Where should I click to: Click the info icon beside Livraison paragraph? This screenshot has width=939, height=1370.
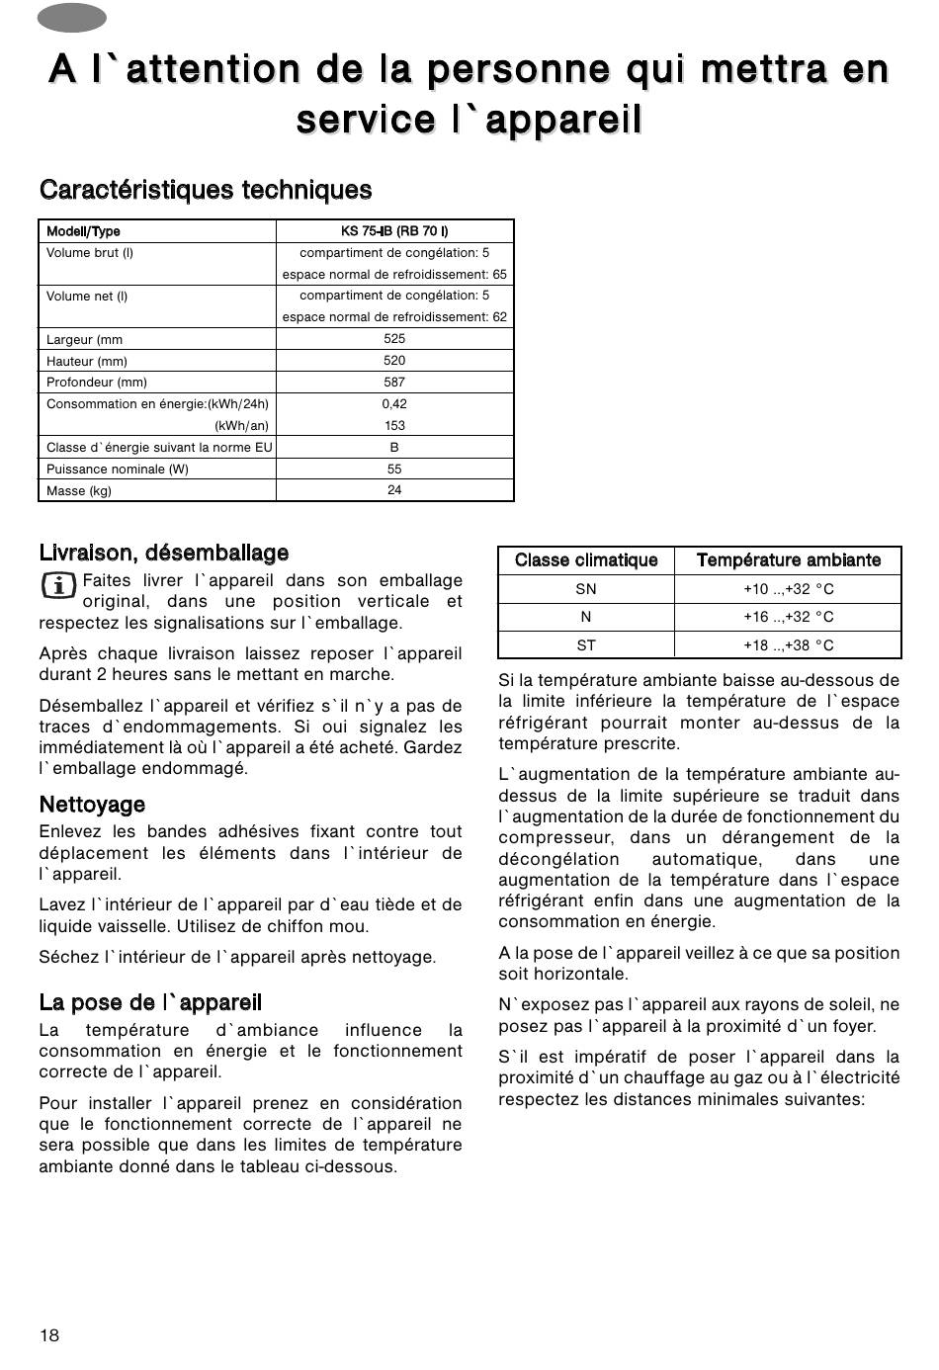pyautogui.click(x=59, y=585)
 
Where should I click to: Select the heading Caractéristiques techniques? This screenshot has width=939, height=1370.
pyautogui.click(x=206, y=190)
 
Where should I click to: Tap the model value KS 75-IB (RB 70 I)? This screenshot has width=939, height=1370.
pyautogui.click(x=394, y=231)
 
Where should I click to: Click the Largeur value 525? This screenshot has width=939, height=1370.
pyautogui.click(x=394, y=338)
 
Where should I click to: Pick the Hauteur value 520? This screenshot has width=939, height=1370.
pyautogui.click(x=394, y=361)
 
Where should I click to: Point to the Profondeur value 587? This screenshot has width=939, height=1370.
pyautogui.click(x=394, y=382)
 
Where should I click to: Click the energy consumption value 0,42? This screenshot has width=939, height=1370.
pyautogui.click(x=394, y=403)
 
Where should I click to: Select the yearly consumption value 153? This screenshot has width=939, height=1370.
pyautogui.click(x=394, y=425)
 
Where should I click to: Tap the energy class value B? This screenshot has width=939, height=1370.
pyautogui.click(x=394, y=447)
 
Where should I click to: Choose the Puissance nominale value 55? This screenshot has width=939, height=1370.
pyautogui.click(x=394, y=469)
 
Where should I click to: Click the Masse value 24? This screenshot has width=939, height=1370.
pyautogui.click(x=394, y=490)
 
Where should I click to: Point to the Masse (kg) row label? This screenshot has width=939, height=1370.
pyautogui.click(x=79, y=491)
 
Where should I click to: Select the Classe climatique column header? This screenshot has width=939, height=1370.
pyautogui.click(x=586, y=560)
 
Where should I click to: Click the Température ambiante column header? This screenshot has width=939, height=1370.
pyautogui.click(x=788, y=560)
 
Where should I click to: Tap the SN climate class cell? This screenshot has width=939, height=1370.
pyautogui.click(x=586, y=589)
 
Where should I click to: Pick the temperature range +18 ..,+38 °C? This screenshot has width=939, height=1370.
pyautogui.click(x=788, y=645)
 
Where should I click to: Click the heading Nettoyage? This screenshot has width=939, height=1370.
pyautogui.click(x=92, y=805)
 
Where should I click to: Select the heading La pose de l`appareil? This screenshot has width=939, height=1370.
pyautogui.click(x=150, y=1003)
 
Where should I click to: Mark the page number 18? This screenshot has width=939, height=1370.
pyautogui.click(x=49, y=1335)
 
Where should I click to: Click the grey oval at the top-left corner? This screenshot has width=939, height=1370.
pyautogui.click(x=72, y=17)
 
